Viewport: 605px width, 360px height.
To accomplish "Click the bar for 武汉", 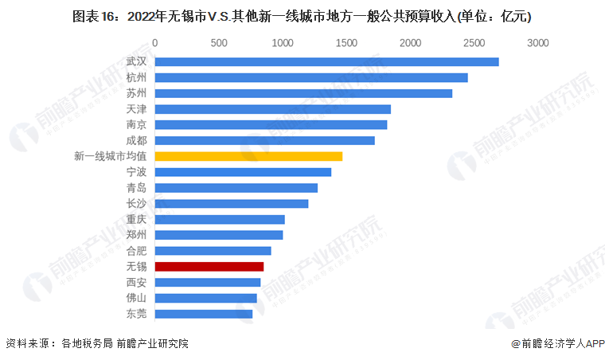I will pos(326,62).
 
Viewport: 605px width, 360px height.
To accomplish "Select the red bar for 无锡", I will pos(209,266).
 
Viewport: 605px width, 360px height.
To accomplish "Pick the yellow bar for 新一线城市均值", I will pos(248,156).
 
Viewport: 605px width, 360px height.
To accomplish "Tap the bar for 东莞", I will pos(204,314).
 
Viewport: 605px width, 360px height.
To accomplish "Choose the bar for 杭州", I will pos(311,78).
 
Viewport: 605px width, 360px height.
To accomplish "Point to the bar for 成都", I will pos(264,141).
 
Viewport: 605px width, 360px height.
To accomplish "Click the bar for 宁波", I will pos(243,172).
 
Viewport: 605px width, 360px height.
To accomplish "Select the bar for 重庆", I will pos(220,219).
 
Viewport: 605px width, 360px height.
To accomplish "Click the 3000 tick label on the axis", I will pos(538,42).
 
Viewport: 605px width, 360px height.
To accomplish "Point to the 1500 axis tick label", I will pos(346,42).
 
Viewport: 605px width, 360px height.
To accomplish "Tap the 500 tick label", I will pos(219,42).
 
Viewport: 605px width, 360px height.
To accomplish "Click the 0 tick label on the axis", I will pos(155,42).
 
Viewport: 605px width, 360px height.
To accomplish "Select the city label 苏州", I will pos(136,94).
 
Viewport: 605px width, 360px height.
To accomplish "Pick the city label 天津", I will pos(136,109).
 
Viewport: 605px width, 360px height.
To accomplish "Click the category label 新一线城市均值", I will pos(109,156).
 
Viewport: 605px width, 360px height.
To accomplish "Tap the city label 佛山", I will pos(136,298).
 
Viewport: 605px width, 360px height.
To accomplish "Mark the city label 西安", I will pos(136,282).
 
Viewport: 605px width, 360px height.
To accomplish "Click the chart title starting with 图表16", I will pos(302,15).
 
